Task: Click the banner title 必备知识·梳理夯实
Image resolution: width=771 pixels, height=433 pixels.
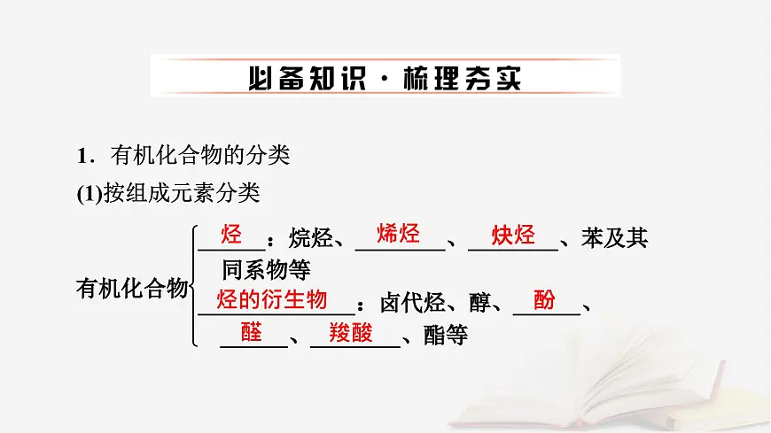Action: (x=385, y=77)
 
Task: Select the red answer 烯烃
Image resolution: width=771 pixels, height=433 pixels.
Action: (x=398, y=234)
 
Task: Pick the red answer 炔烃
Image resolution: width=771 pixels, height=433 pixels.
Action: (x=513, y=235)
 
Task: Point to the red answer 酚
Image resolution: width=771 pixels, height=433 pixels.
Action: (x=545, y=299)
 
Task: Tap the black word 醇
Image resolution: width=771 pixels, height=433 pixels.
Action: (x=479, y=305)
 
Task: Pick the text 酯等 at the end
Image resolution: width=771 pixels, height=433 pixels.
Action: (x=446, y=336)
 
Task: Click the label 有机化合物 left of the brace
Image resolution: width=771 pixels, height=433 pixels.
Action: (x=132, y=288)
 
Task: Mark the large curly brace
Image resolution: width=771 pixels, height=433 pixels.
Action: (x=192, y=285)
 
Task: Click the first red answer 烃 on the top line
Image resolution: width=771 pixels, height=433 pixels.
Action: (x=231, y=234)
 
